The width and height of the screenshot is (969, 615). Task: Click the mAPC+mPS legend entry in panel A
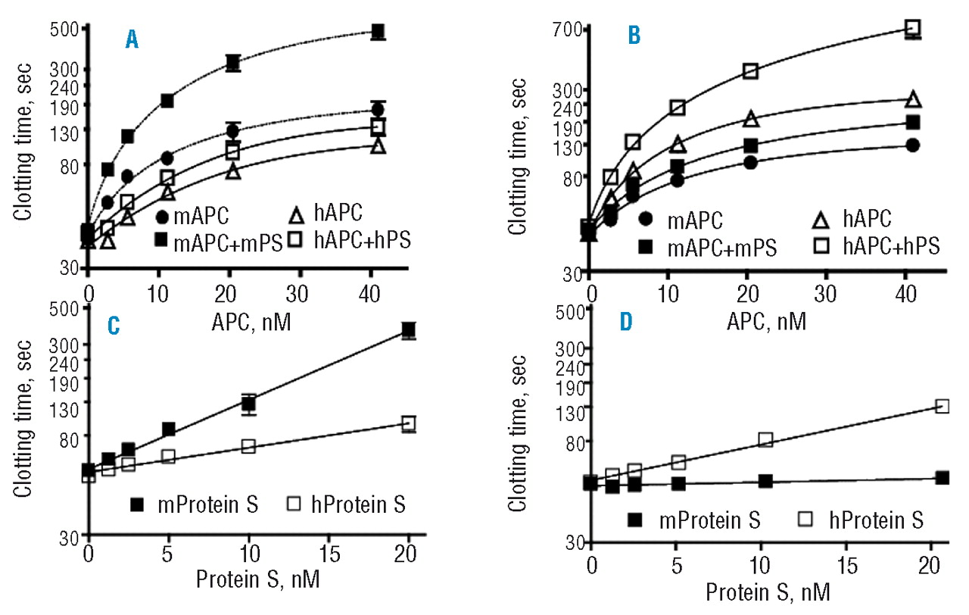(219, 242)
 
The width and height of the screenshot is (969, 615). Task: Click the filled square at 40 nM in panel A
(378, 32)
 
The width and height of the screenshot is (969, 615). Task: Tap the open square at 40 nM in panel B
(913, 28)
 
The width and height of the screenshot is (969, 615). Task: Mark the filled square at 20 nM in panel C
(409, 330)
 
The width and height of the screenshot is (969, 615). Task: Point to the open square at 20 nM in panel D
(942, 407)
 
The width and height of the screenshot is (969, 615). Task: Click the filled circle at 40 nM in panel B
(913, 145)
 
